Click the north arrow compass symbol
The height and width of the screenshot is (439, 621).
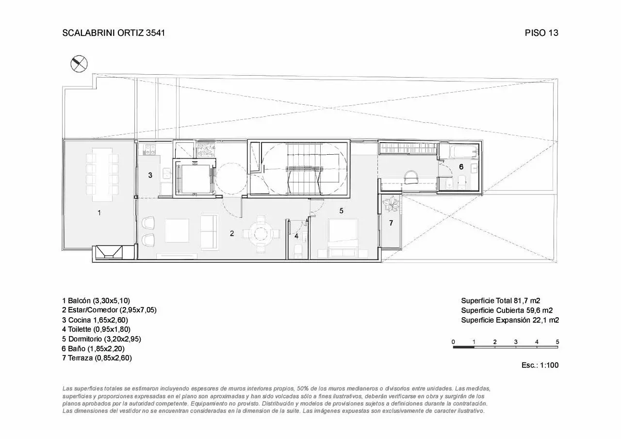point(79,64)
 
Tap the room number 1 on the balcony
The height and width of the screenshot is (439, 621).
point(99,213)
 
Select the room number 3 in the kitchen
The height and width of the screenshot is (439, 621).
point(150,175)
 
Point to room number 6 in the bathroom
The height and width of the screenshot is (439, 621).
point(461,166)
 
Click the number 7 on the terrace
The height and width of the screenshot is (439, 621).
point(391,223)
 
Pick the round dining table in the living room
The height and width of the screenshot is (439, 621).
point(261,234)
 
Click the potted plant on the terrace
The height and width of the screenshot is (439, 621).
point(391,204)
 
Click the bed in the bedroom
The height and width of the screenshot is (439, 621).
point(343,238)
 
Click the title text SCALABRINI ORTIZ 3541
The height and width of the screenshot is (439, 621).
point(114,33)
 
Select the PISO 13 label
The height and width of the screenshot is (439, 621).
point(541,33)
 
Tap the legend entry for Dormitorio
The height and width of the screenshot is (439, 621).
point(101,339)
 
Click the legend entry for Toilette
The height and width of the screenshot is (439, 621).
point(96,329)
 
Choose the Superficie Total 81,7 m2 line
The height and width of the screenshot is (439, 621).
point(501,301)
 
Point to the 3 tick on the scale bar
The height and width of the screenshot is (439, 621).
point(516,342)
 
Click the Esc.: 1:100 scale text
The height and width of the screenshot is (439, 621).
point(540,365)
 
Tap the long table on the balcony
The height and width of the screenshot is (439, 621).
point(102,175)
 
